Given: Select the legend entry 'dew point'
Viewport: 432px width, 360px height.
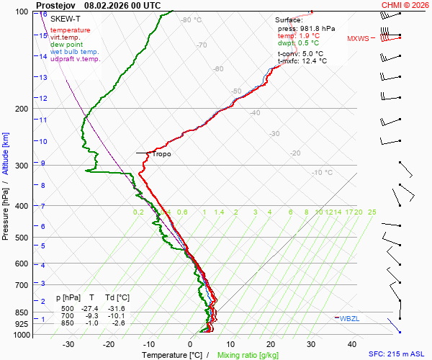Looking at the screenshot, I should [67, 45].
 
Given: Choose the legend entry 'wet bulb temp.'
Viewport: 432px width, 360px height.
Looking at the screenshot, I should [73, 52].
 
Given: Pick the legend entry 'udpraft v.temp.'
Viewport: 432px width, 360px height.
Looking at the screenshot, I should [75, 59].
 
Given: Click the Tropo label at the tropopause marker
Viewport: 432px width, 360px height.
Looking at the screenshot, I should [161, 154].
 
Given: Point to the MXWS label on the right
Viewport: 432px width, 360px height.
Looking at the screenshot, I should [358, 39].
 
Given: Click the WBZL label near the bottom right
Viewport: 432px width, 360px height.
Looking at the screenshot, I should [349, 318].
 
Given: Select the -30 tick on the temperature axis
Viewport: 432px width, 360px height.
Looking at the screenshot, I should [68, 344].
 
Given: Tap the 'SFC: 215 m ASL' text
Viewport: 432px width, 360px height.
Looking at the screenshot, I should [398, 355].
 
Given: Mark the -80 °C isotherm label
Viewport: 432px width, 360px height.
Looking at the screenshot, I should [192, 20].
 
